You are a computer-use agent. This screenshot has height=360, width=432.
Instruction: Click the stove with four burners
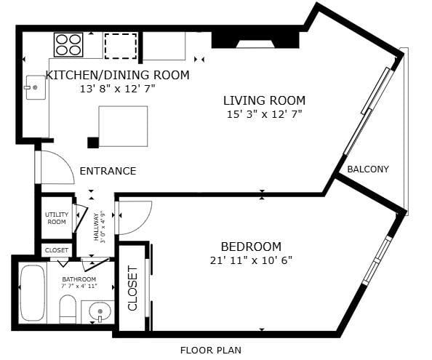tap(69, 44)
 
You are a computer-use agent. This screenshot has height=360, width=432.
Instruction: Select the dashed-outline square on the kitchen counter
tap(120, 45)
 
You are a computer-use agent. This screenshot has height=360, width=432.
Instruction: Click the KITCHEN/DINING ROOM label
tap(117, 75)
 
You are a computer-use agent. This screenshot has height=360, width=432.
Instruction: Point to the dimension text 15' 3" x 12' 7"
tap(263, 114)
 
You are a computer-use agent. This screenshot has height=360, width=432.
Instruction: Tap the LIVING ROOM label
tap(264, 100)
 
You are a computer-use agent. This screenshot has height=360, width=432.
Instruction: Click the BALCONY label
tap(367, 169)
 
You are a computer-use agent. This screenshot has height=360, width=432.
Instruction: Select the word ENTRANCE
tap(108, 172)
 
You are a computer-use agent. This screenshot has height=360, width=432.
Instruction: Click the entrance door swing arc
tap(58, 167)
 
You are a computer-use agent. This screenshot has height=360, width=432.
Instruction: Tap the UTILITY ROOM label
tap(56, 218)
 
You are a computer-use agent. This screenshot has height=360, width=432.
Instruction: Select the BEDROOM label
tap(251, 247)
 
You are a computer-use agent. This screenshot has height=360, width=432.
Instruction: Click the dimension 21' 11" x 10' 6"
tap(250, 260)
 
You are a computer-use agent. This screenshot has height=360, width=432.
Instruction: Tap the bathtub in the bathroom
tap(32, 293)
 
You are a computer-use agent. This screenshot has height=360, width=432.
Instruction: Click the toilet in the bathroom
tap(68, 309)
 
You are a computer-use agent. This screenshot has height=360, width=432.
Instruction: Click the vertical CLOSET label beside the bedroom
tap(132, 288)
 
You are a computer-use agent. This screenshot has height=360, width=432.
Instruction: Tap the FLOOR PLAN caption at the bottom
tap(210, 350)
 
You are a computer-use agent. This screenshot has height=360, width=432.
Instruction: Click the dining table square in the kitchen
tap(123, 126)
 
